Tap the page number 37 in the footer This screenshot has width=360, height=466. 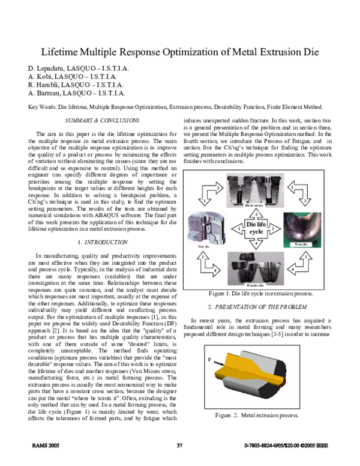(x=179, y=444)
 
